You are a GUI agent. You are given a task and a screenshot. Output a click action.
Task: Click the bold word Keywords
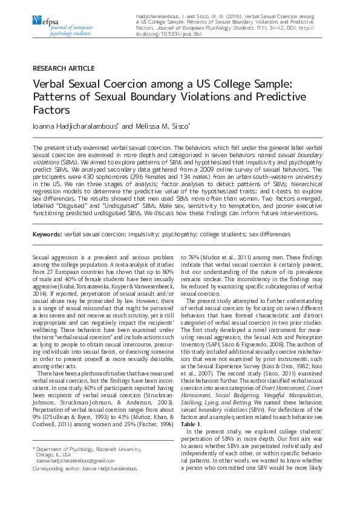click(47, 233)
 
